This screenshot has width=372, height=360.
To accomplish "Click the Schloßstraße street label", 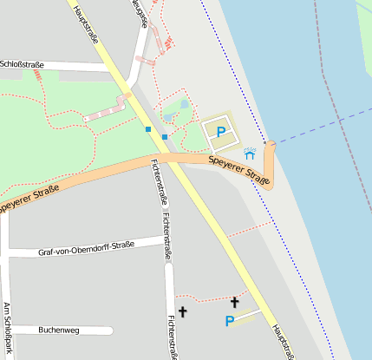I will pyautogui.click(x=22, y=63).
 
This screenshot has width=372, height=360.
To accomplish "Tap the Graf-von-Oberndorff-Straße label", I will pyautogui.click(x=87, y=251).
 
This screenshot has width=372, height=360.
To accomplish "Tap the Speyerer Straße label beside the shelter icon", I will pyautogui.click(x=239, y=168).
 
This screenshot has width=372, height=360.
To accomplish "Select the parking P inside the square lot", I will pyautogui.click(x=221, y=133).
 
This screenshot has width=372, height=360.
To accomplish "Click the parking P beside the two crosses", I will pyautogui.click(x=230, y=322).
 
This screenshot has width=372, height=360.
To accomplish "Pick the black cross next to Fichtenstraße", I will pyautogui.click(x=182, y=311).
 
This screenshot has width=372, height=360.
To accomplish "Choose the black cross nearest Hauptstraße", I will pyautogui.click(x=234, y=302).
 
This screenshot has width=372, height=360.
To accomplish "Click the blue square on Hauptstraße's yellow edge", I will pyautogui.click(x=148, y=129).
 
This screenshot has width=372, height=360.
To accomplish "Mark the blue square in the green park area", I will pyautogui.click(x=164, y=137).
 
